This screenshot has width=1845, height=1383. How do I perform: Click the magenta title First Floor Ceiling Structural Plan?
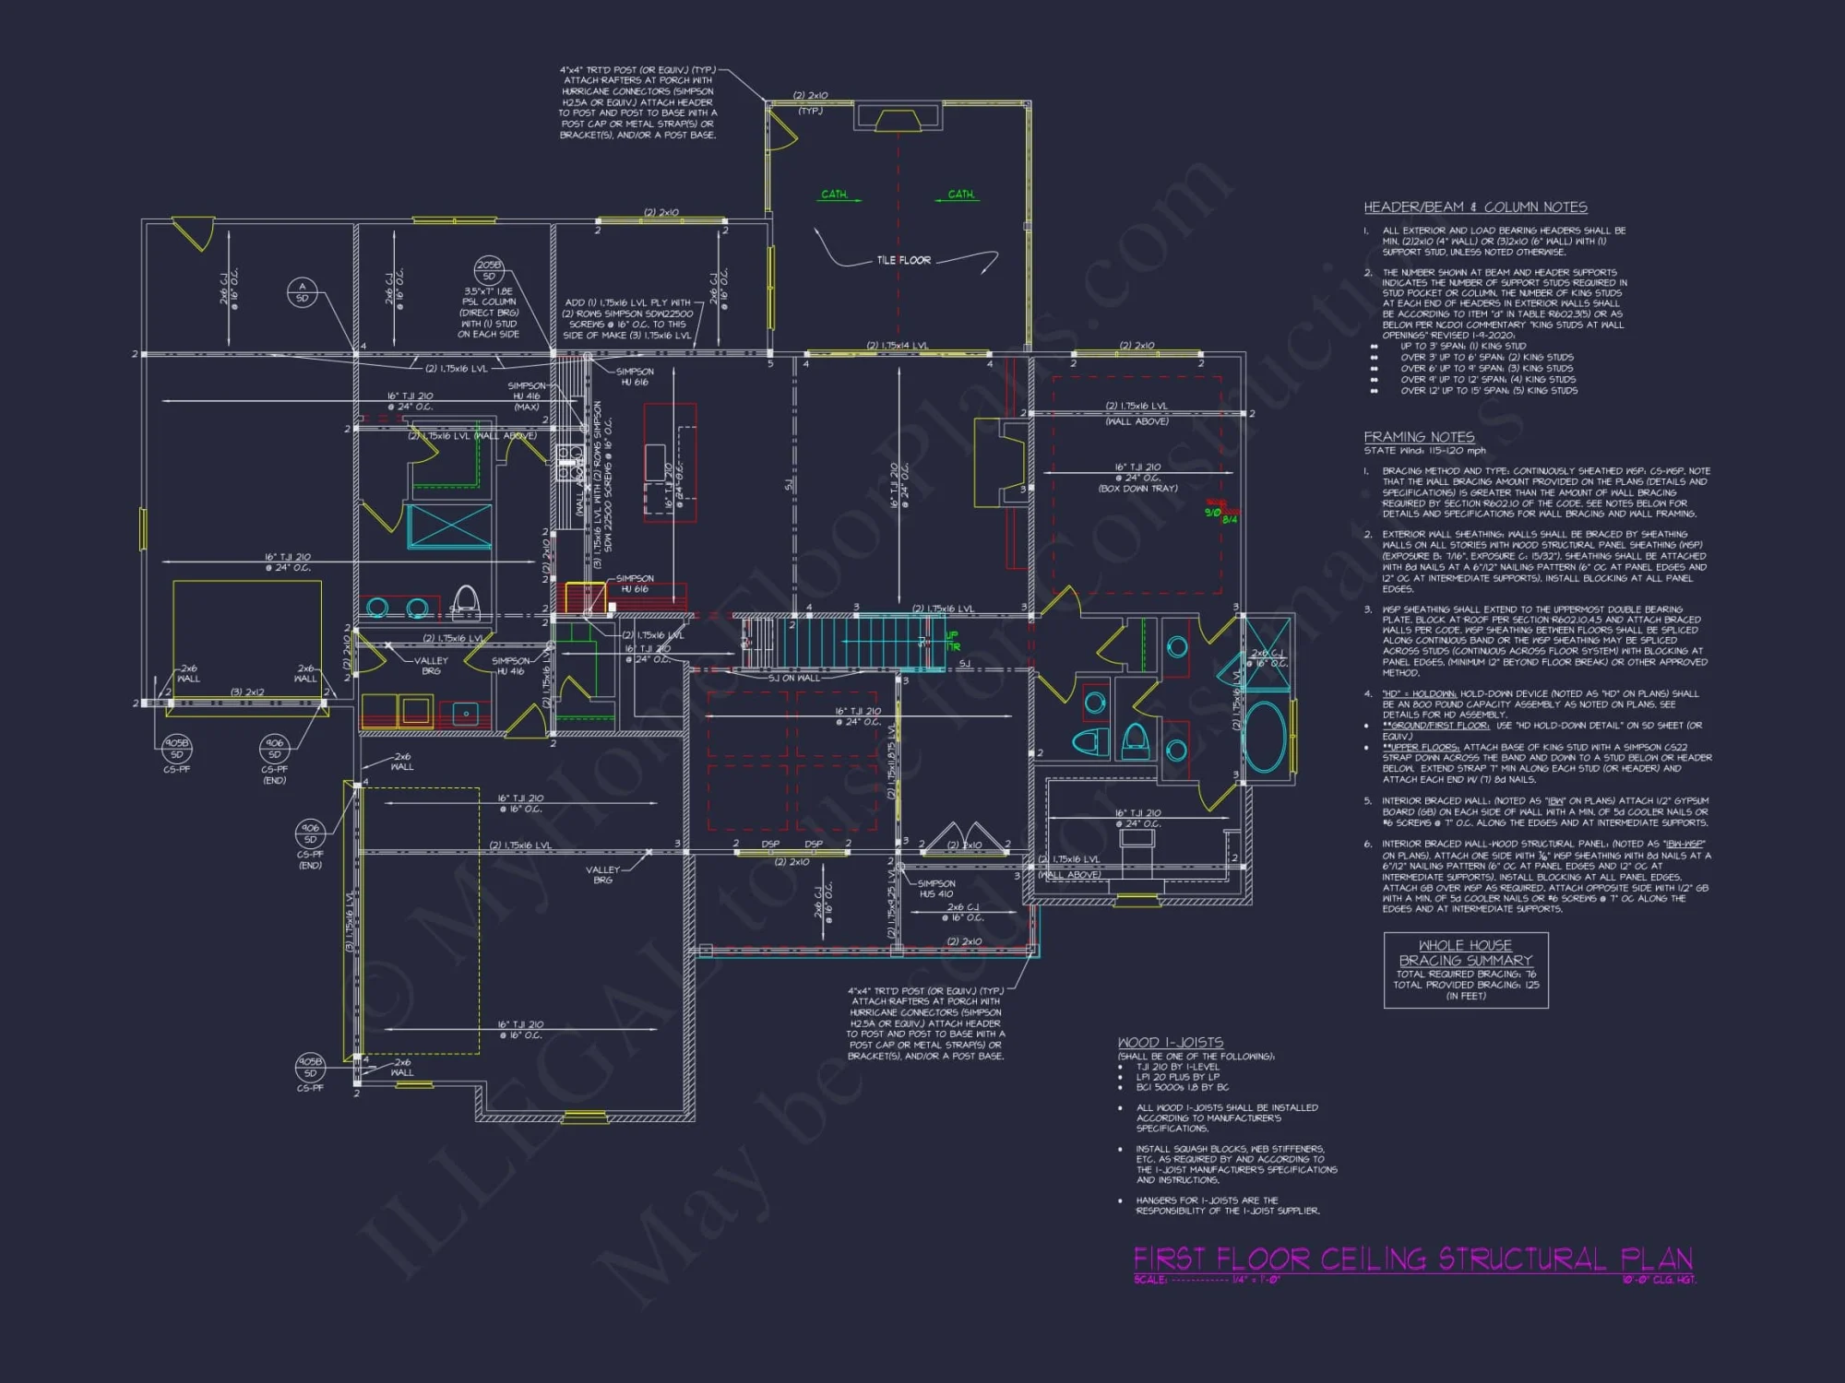tap(1412, 1259)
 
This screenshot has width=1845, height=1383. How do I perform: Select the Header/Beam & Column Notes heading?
tap(1475, 207)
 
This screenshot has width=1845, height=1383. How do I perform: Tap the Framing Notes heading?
tap(1419, 437)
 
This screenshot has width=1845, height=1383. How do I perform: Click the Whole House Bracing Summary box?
tap(1465, 970)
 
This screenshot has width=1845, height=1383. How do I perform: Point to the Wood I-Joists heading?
tap(1170, 1043)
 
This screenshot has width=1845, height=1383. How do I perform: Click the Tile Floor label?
tap(903, 260)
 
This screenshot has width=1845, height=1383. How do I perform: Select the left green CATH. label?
tap(834, 195)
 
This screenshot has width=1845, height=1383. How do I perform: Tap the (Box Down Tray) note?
tap(1137, 489)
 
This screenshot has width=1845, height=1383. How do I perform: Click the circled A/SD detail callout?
tap(302, 291)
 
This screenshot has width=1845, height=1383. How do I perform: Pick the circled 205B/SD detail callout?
tap(489, 270)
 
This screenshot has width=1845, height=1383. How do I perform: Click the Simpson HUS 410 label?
tap(935, 889)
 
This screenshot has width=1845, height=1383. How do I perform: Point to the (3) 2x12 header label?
tap(247, 691)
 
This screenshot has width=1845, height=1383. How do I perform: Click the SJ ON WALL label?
tap(793, 678)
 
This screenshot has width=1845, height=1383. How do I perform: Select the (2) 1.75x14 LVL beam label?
tap(897, 346)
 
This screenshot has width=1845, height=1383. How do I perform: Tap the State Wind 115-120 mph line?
tap(1424, 451)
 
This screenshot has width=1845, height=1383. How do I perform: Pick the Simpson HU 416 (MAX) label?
tap(526, 396)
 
